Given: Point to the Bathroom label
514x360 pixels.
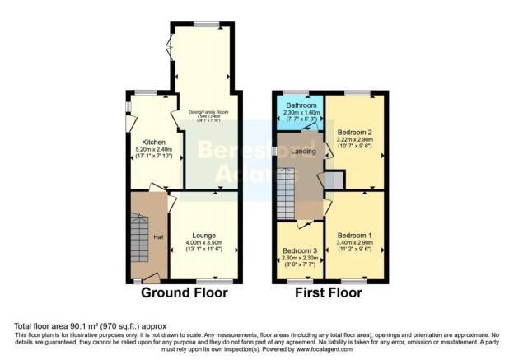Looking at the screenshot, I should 298,106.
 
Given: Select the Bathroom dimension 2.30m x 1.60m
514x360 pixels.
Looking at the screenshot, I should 298,115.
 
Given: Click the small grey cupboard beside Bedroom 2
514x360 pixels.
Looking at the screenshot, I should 334,180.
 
